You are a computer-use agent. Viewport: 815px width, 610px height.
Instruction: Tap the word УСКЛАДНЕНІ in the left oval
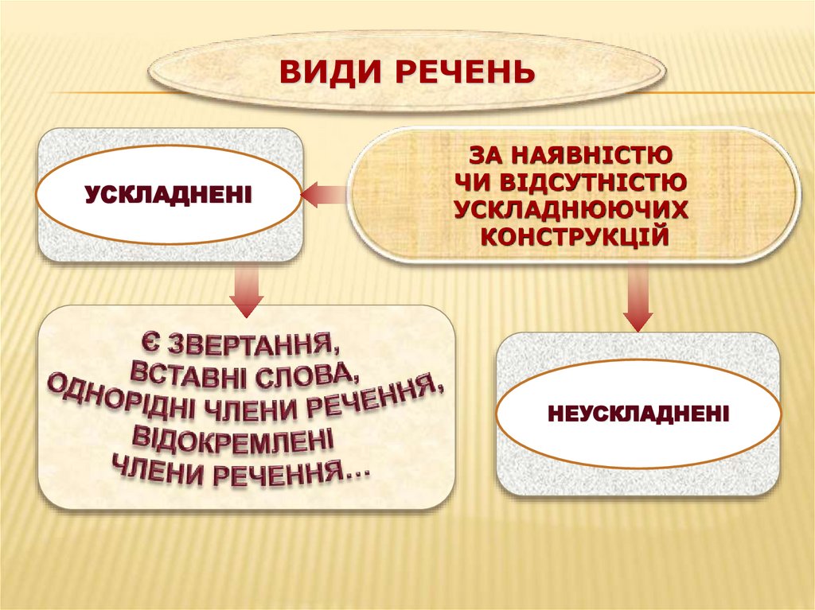pos(168,193)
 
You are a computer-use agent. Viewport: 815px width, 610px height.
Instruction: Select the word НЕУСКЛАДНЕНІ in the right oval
pos(638,414)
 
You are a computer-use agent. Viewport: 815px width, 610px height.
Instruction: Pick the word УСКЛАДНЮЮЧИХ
pos(571,208)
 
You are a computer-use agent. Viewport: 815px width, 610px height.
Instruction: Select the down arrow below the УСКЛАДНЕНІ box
pos(247,291)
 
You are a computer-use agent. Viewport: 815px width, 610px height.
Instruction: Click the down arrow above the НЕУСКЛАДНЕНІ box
pos(638,299)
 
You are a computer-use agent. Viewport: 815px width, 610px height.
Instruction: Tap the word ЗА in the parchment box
pos(486,152)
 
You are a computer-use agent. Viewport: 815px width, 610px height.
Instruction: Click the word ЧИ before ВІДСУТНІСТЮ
pos(472,181)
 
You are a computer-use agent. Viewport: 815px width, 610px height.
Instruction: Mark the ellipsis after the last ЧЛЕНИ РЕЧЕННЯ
pos(359,474)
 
